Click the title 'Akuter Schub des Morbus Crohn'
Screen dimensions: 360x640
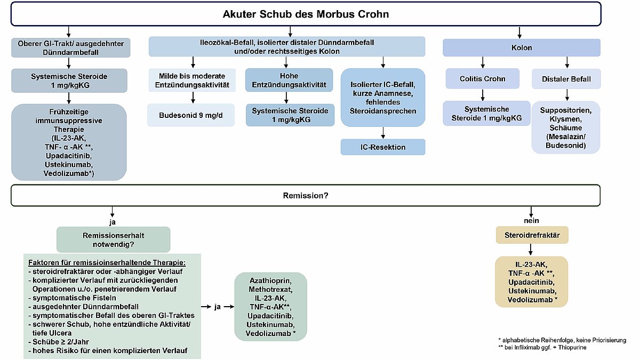click(306, 14)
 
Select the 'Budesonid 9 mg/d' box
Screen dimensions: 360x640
click(191, 115)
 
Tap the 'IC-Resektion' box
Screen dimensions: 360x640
click(382, 147)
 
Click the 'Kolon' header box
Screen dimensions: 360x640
click(521, 47)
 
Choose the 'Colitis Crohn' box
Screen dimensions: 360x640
click(482, 78)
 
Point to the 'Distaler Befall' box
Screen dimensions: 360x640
click(566, 79)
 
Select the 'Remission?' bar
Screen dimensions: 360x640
click(306, 195)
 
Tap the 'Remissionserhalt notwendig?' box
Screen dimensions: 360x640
click(113, 239)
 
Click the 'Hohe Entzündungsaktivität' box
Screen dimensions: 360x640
click(286, 80)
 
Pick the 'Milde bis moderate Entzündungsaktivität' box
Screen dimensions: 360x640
click(191, 81)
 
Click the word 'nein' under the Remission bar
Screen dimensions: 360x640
click(531, 220)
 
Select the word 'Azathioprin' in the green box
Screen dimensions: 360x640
click(270, 279)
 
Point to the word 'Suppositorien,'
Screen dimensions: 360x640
click(566, 110)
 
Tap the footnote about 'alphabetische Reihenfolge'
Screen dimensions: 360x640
click(562, 340)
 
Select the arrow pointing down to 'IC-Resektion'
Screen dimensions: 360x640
click(382, 133)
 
